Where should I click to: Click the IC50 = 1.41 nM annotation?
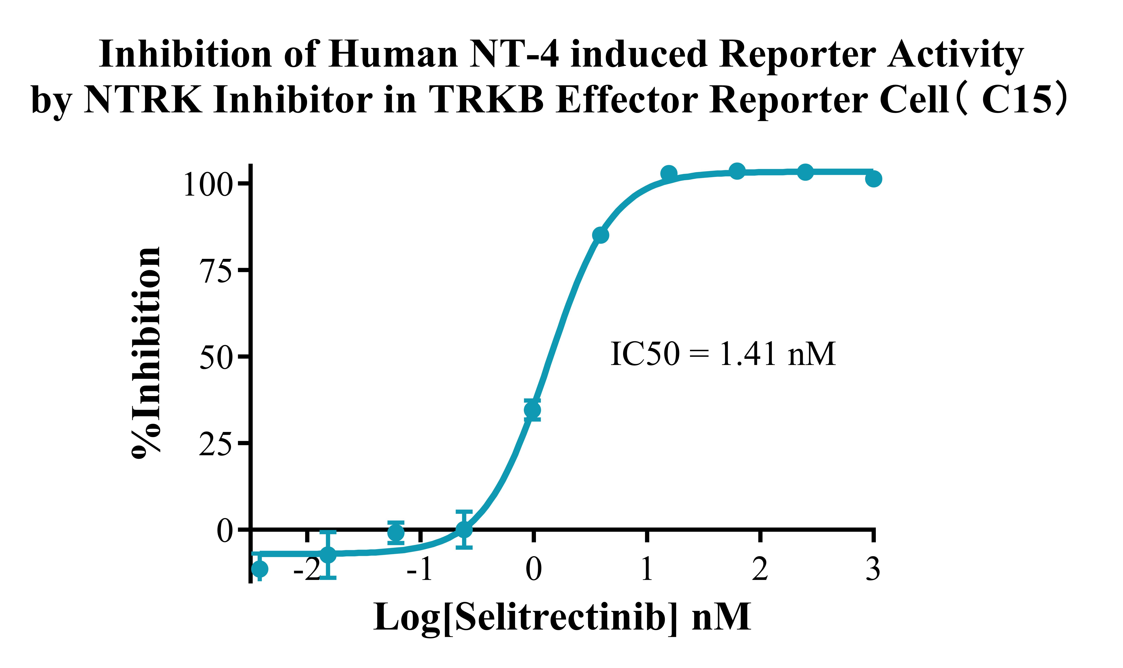(x=722, y=354)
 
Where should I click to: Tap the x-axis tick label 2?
(x=760, y=569)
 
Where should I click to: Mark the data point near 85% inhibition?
(x=600, y=235)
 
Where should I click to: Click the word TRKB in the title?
(x=486, y=100)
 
